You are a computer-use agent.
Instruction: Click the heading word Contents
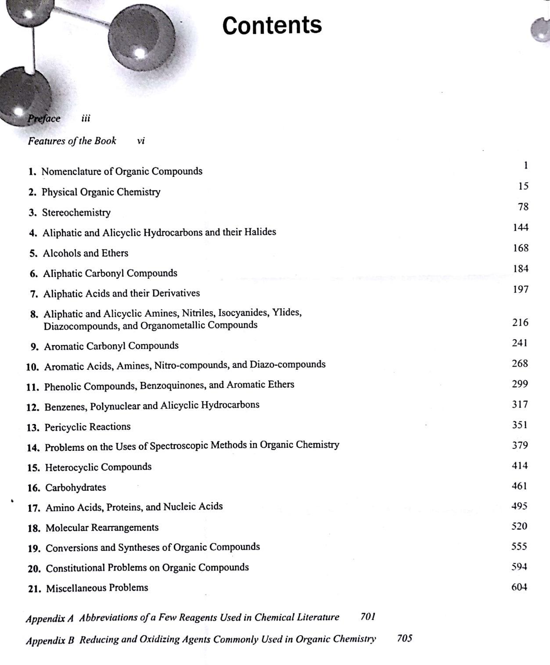point(272,25)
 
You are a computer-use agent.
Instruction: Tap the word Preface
point(44,119)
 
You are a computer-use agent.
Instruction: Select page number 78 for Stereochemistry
point(523,207)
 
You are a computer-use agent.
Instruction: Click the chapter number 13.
point(33,428)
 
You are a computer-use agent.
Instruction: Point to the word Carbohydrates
point(75,487)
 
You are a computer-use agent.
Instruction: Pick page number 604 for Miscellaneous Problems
point(519,587)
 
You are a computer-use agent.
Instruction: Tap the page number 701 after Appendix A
point(368,617)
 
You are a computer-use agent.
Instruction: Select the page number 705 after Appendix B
point(404,638)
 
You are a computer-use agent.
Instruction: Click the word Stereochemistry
point(76,212)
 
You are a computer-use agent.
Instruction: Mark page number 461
point(519,486)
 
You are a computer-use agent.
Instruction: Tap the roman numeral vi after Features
point(141,141)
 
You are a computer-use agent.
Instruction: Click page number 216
point(520,323)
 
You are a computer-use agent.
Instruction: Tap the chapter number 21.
point(34,589)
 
